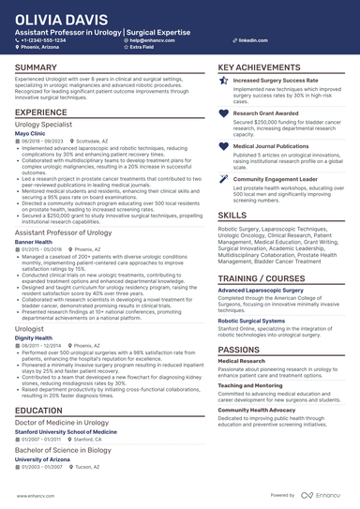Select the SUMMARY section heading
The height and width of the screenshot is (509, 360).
tap(36, 68)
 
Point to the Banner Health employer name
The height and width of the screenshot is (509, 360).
tap(34, 240)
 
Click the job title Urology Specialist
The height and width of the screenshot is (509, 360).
tap(46, 124)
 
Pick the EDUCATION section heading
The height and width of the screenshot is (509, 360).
tap(39, 410)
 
